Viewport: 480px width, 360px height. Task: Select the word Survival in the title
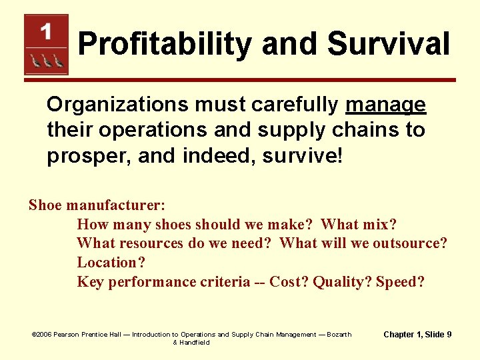pyautogui.click(x=389, y=45)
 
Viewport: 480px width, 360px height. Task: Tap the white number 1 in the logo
pyautogui.click(x=46, y=31)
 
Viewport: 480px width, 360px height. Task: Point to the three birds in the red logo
pyautogui.click(x=46, y=61)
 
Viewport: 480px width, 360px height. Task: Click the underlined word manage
pyautogui.click(x=385, y=105)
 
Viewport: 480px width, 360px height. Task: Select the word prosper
pyautogui.click(x=82, y=155)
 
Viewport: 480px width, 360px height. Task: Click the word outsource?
pyautogui.click(x=410, y=243)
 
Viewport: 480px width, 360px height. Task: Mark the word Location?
pyautogui.click(x=111, y=263)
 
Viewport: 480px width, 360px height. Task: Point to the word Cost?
pyautogui.click(x=289, y=282)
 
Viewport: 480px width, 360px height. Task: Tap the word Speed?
pyautogui.click(x=400, y=282)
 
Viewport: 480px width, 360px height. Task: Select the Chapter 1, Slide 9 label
pyautogui.click(x=417, y=334)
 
